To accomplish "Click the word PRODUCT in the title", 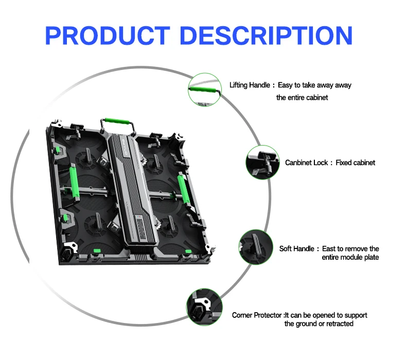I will [x=107, y=35].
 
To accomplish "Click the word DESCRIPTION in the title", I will [x=268, y=35].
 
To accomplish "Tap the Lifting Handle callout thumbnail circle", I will [x=204, y=88].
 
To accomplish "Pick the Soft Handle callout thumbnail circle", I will [x=256, y=247].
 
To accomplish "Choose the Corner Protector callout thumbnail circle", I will [x=204, y=306].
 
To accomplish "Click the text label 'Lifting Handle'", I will [x=249, y=85].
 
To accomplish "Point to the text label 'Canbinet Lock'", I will [x=307, y=163].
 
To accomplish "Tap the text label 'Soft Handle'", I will [x=296, y=249].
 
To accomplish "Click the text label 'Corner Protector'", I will [x=257, y=315].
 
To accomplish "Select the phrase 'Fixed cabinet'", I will [x=356, y=163].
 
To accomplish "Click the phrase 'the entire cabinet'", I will [x=302, y=97].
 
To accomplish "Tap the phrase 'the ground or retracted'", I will [x=318, y=323].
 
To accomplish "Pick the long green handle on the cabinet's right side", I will [x=182, y=187].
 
